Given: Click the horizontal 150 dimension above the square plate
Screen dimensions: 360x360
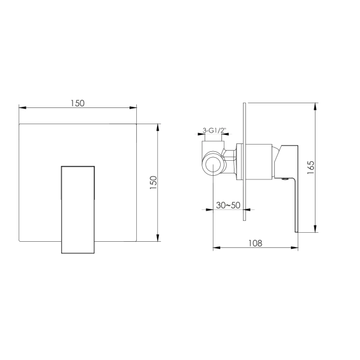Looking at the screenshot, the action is coord(77,103).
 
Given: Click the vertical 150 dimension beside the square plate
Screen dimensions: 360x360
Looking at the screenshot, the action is coord(153,182).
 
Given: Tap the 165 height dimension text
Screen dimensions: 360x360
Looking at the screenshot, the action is coord(310,167).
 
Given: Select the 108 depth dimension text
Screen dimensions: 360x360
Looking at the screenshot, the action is coord(256,243).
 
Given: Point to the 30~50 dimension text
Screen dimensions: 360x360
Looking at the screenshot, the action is coord(228,205).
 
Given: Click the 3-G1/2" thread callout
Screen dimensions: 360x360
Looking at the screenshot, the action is coord(213,131).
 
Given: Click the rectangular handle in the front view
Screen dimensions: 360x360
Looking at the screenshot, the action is coord(78,209).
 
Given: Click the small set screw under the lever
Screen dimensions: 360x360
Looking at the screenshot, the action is coord(286,179).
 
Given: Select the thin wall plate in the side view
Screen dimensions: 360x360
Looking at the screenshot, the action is coord(244,161).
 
